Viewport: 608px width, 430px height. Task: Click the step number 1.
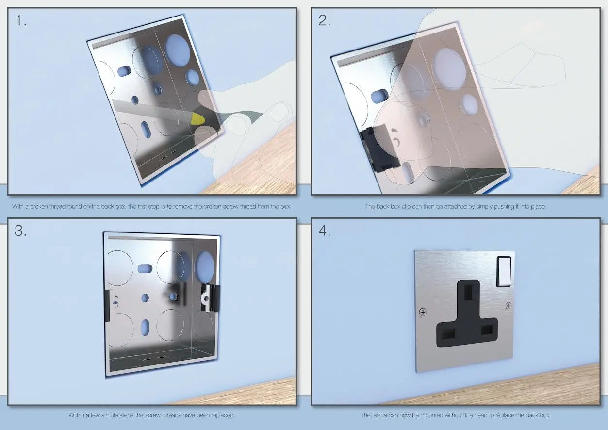click(20, 20)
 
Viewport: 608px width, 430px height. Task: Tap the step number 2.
click(324, 20)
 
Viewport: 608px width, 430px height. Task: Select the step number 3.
click(21, 231)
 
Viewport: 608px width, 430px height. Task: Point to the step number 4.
click(324, 231)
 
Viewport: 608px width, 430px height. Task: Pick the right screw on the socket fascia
click(509, 305)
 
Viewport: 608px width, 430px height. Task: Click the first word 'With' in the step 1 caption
click(18, 206)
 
